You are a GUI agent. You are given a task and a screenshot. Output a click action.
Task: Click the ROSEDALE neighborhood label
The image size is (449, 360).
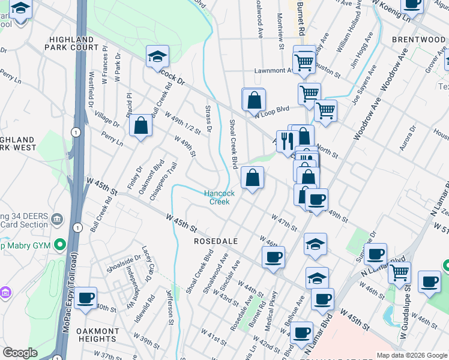216,241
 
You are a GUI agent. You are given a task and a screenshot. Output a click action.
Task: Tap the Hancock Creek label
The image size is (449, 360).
217,197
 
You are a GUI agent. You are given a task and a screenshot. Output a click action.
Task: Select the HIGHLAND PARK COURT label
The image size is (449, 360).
73,43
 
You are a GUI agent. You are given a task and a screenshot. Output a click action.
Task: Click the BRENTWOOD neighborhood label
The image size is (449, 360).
418,40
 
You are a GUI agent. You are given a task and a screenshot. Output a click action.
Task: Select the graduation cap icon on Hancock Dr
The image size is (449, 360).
157,56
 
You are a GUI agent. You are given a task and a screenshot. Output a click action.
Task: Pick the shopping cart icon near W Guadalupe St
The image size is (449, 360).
399,272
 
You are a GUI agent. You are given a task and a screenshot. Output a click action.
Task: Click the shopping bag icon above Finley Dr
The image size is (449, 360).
140,125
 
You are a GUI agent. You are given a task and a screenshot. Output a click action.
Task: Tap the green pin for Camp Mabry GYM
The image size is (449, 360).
59,245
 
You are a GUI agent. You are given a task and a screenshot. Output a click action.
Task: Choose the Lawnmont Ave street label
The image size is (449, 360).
274,70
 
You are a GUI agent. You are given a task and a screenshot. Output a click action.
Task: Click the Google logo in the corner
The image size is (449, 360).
20,353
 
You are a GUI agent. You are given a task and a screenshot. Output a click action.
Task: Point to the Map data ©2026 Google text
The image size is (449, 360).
411,355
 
